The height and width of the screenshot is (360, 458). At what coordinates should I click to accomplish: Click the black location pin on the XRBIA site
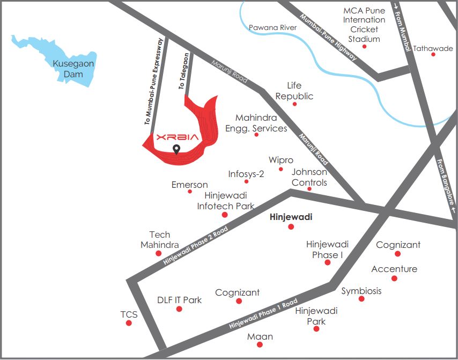[x=176, y=149]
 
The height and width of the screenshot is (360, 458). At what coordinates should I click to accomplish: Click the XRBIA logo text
[x=177, y=137]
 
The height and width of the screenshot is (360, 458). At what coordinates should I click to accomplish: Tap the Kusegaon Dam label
[x=73, y=69]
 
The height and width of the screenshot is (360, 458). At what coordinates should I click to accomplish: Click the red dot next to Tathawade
[x=433, y=54]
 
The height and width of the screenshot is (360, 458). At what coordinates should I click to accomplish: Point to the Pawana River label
[x=272, y=27]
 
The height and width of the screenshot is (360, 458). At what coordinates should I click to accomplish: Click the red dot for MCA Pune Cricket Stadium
[x=365, y=47]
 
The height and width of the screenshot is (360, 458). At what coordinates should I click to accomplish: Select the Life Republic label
[x=294, y=91]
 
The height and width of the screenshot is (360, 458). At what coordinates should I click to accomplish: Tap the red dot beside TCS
[x=129, y=323]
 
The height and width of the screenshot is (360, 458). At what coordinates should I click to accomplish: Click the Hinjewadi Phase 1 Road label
[x=263, y=314]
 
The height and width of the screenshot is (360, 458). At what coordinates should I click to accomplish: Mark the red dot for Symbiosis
[x=361, y=299]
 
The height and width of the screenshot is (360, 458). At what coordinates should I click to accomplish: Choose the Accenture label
[x=394, y=269]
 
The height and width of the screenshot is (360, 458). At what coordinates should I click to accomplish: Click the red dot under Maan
[x=260, y=346]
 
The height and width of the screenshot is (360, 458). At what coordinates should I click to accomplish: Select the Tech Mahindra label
[x=159, y=240]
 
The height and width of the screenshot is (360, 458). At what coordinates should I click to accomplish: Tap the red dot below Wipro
[x=280, y=170]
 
